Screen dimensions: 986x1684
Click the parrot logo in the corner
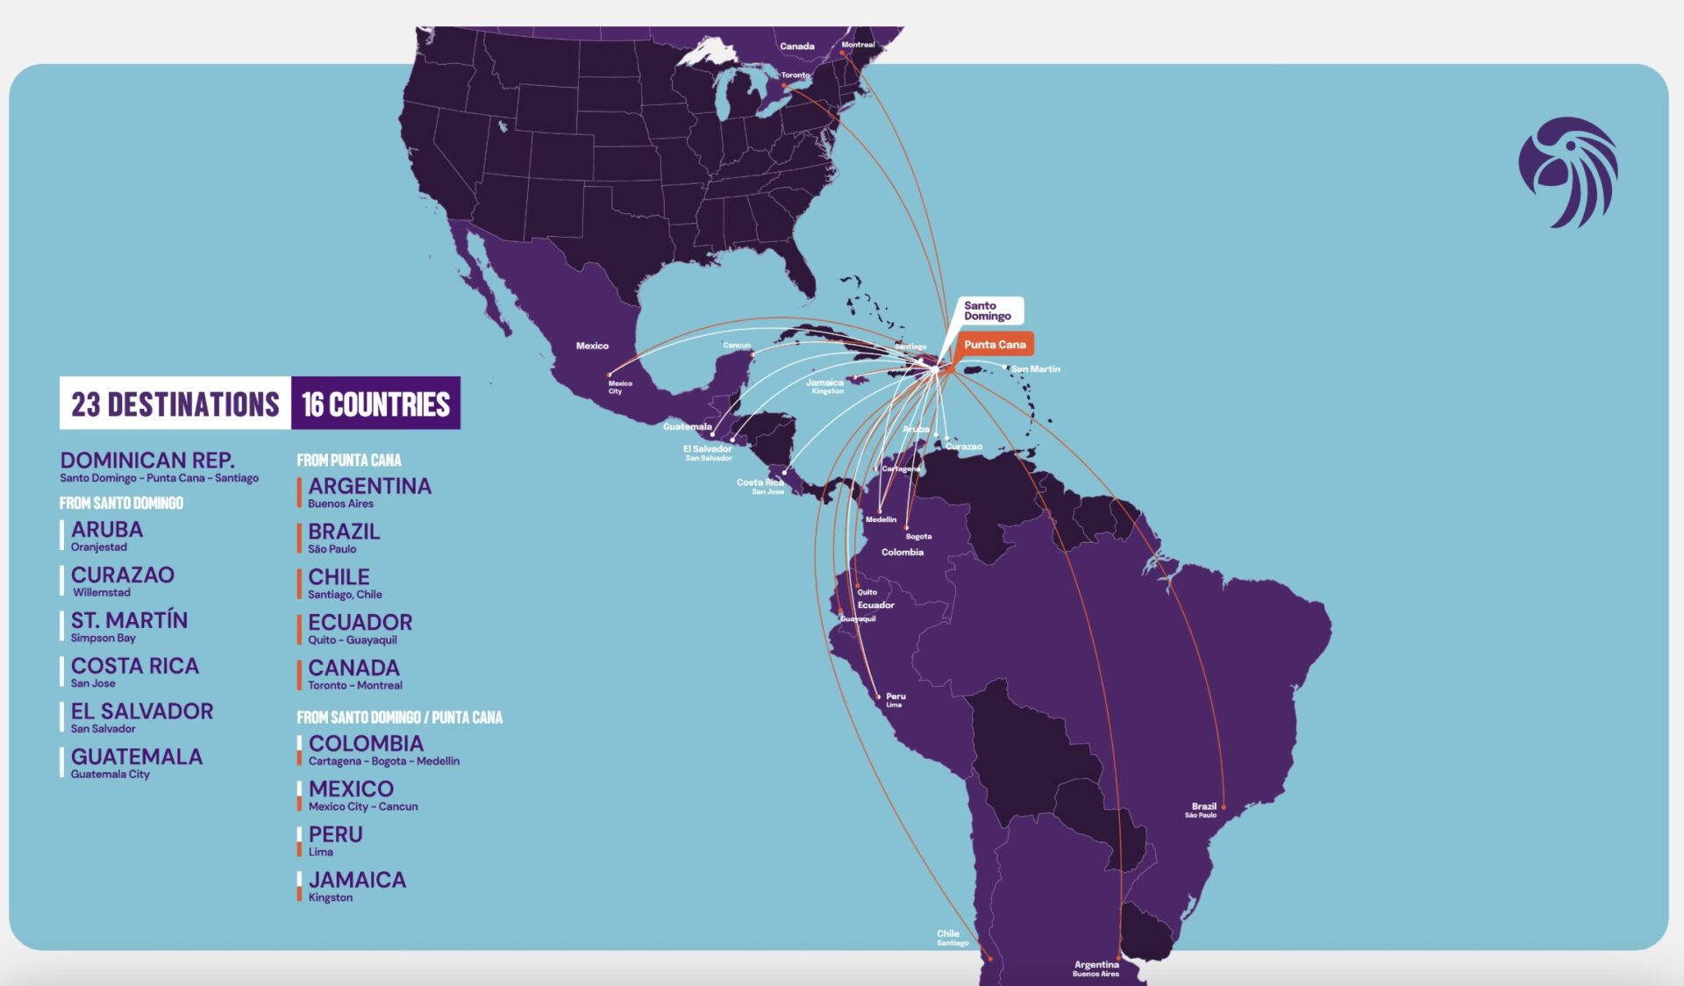[1569, 173]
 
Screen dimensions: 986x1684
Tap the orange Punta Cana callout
[995, 345]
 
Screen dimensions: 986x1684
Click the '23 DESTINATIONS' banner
[175, 404]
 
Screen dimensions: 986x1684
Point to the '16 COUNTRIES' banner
[375, 404]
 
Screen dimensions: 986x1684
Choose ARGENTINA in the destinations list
[369, 487]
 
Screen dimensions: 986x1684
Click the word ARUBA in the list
[107, 530]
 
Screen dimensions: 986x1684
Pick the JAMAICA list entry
[357, 880]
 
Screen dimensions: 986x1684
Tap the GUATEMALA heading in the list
[137, 757]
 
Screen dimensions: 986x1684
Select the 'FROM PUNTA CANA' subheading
[348, 461]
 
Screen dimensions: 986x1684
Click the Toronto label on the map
[796, 75]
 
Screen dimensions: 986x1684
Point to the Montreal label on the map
[858, 45]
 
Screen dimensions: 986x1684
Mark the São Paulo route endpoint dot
[1224, 807]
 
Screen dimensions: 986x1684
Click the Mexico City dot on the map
[610, 375]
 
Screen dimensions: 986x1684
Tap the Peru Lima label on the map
[895, 699]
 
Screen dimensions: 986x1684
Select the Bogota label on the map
[918, 536]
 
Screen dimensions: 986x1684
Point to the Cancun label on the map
[737, 346]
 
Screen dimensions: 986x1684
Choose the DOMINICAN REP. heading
[147, 461]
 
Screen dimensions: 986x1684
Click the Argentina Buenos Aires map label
[1096, 968]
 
